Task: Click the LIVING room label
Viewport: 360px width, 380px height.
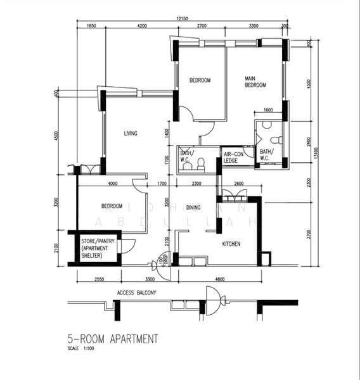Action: pos(131,134)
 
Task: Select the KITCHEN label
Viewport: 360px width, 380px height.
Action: pos(231,244)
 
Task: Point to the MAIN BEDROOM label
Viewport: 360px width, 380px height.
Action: pos(255,82)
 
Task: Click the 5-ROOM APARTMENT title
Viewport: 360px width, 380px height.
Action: pos(112,339)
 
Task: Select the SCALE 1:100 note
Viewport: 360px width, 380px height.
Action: pos(80,349)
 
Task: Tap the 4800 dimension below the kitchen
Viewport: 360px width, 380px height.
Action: pos(219,279)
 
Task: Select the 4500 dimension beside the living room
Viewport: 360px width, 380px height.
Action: pos(56,136)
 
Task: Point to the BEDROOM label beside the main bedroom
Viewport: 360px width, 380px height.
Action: pos(200,80)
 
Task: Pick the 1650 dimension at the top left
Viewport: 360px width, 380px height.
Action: pos(91,26)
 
